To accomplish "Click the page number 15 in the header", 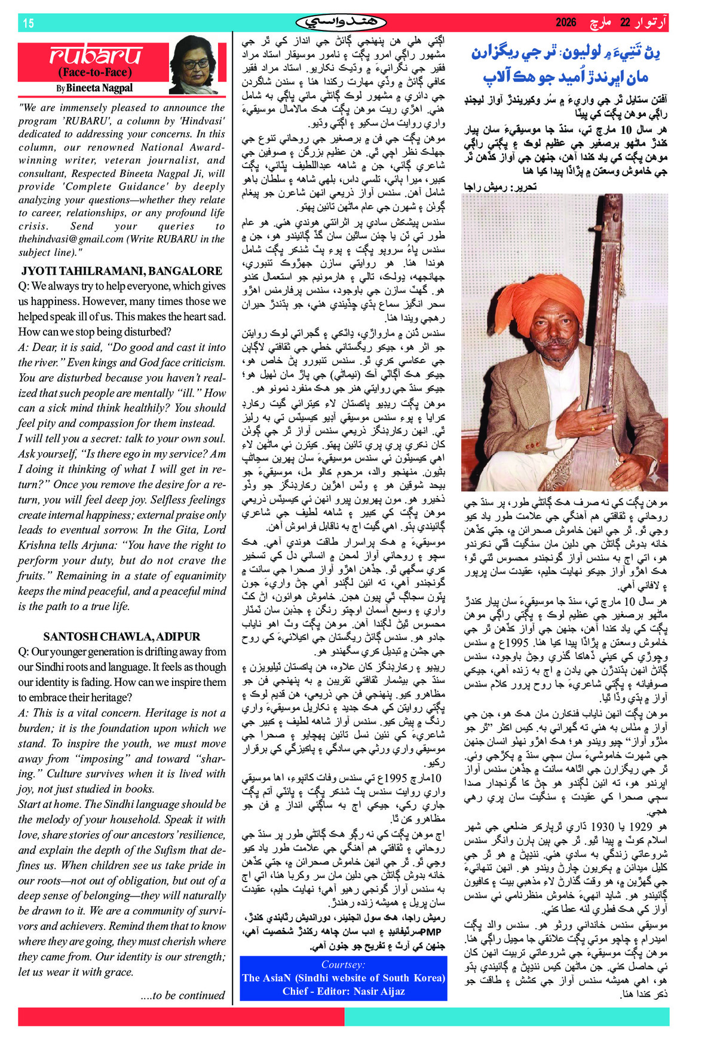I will [28, 23].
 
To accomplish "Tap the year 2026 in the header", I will [566, 23].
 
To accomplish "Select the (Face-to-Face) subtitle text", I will [94, 72].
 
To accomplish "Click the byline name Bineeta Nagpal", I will [99, 88].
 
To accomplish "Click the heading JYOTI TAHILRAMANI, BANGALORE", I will [122, 271].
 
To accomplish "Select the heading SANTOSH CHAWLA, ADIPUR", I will [122, 636].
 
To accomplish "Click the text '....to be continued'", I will [182, 996].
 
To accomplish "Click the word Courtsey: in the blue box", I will [343, 965].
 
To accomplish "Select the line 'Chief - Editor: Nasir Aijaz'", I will [344, 991].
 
